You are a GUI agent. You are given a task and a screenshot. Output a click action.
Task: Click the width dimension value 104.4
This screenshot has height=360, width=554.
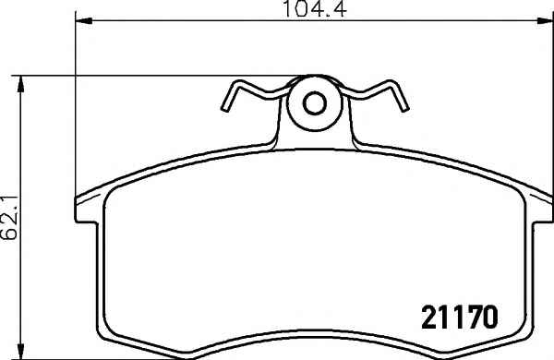315,8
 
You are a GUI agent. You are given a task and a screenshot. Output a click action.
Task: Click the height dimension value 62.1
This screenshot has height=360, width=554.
9,217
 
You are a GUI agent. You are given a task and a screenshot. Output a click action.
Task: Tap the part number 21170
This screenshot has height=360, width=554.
460,318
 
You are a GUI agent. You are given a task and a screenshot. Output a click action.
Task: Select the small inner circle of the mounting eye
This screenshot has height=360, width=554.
314,102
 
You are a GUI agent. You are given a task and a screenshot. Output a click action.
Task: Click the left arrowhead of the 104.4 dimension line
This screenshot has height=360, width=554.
84,21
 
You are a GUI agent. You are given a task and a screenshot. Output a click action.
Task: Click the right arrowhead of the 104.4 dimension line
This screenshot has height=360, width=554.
545,21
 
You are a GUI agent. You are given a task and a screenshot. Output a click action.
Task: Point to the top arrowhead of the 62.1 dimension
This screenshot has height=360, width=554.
21,84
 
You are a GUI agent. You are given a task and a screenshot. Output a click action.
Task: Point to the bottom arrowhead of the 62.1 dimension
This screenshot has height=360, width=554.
21,351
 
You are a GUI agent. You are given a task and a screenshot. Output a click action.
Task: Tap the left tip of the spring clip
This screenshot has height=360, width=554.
224,109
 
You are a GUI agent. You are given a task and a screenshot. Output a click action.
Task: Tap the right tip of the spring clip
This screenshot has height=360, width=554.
405,108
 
